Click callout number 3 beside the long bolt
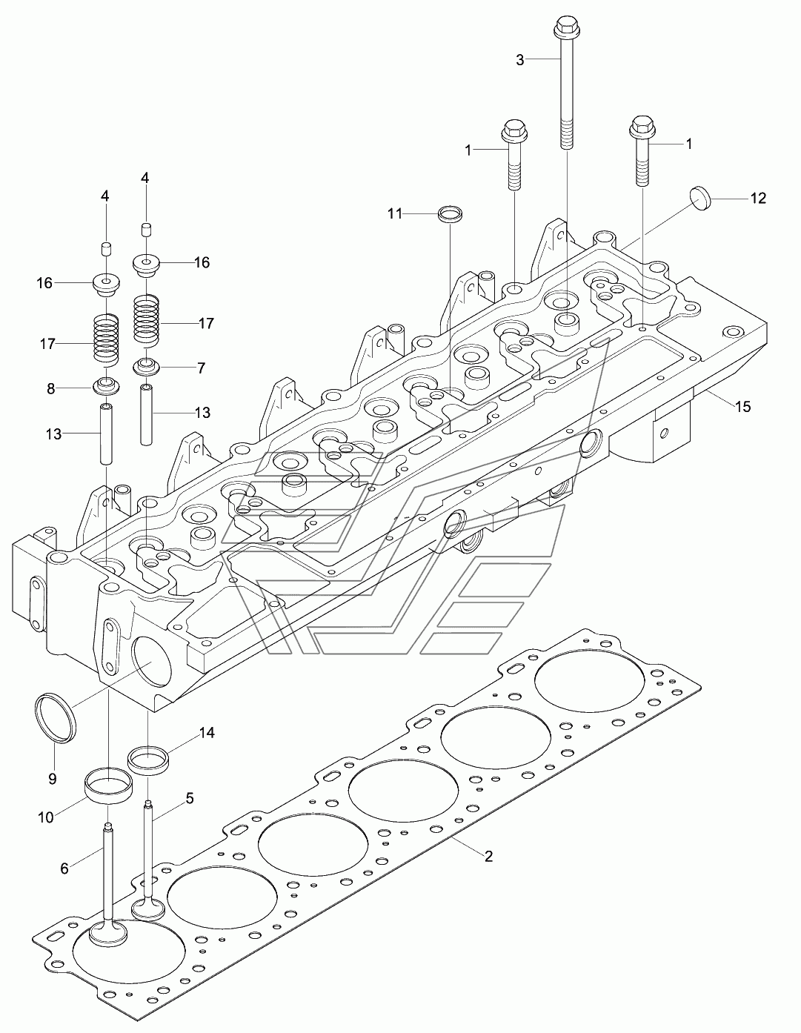point(520,60)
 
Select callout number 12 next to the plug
point(758,199)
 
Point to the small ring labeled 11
point(451,214)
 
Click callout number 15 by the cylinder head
point(742,406)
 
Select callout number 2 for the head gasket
point(488,857)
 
